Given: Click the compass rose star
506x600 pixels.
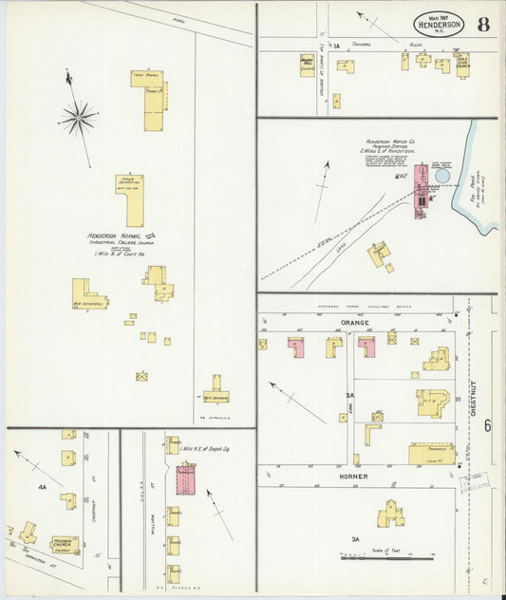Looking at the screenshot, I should [x=78, y=118].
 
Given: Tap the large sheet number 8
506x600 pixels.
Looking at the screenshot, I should [x=483, y=25].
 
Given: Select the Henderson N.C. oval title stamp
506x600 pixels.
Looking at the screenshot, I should [x=438, y=25].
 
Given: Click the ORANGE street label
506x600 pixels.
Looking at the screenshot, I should [x=353, y=324].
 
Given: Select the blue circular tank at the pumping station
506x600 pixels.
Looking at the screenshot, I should [x=442, y=176].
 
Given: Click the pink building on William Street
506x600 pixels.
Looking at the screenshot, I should [x=185, y=478].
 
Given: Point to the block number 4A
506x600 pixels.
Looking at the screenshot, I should [x=42, y=487].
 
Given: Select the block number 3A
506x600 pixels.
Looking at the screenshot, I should [x=355, y=539].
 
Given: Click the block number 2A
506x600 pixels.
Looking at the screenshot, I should [x=350, y=395].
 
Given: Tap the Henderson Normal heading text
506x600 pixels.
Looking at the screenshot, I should [x=114, y=234].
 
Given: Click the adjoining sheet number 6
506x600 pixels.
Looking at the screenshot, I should [x=487, y=426].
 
